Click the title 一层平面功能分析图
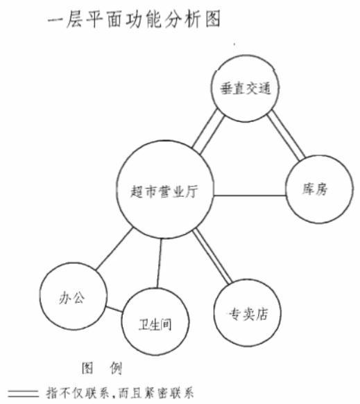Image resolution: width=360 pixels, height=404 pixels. coord(134,19)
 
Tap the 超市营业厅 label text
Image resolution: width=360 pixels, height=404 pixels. coord(164,191)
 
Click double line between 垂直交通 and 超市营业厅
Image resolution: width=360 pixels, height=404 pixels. coord(208,132)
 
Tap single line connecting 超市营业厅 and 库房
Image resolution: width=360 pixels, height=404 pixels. coord(250,195)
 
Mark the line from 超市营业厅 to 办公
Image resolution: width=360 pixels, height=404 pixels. coord(114,249)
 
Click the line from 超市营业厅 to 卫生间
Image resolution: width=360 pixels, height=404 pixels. coord(159,263)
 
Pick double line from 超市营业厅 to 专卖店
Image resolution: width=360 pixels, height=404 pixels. coord(212,257)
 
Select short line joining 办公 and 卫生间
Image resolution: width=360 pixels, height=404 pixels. coord(114,309)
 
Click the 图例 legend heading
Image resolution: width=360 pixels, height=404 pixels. coord(102,369)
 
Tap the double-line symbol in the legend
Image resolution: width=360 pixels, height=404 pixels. coord(24,394)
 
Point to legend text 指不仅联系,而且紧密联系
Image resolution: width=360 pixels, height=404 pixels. coord(120,394)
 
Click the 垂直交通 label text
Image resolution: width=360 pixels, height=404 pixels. coord(246,89)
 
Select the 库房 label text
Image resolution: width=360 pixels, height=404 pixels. coord(315,189)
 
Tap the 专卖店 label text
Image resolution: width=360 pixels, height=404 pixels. coord(248,314)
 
